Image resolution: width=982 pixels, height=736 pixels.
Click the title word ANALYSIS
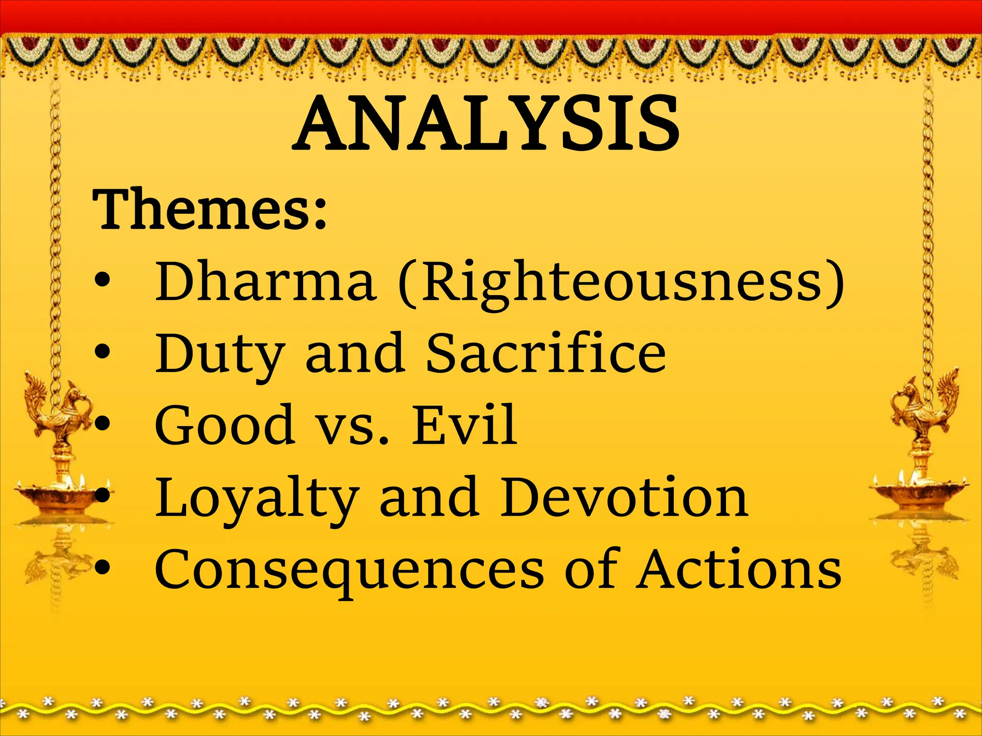[486, 124]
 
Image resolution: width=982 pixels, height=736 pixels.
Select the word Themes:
[210, 209]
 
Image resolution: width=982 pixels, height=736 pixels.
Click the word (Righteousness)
[621, 283]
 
